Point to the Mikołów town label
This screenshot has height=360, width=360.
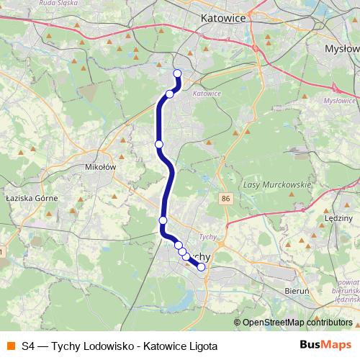[100, 167]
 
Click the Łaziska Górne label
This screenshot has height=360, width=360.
[31, 196]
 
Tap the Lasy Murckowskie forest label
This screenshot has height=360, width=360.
[277, 184]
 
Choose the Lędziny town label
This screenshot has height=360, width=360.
[339, 216]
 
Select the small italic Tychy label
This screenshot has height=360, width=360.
[207, 236]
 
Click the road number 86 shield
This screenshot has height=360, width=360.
[228, 198]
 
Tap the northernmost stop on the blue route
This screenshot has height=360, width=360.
[177, 73]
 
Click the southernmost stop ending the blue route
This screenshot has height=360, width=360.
[201, 267]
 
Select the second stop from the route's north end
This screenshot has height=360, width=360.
[170, 94]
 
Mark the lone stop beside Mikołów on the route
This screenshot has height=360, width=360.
[159, 144]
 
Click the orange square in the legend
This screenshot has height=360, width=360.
[11, 345]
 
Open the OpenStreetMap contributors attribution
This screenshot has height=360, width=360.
[297, 323]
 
